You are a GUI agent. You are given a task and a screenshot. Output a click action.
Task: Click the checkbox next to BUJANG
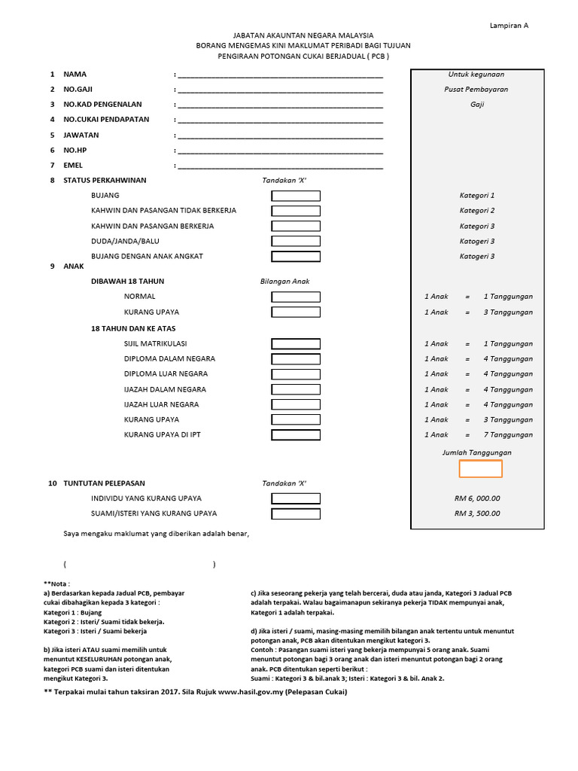coord(295,196)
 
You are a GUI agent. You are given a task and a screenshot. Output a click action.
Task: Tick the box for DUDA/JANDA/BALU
coord(295,241)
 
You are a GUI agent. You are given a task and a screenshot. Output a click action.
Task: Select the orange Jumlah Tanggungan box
coord(481,468)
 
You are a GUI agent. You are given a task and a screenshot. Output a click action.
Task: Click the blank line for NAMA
coord(280,75)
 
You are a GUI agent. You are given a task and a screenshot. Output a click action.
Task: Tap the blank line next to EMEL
coord(280,166)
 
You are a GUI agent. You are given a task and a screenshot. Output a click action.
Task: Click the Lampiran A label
coord(510,25)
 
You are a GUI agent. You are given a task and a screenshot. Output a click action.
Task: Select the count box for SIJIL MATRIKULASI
coord(295,343)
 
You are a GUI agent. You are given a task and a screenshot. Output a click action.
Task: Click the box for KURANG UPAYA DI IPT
coord(295,435)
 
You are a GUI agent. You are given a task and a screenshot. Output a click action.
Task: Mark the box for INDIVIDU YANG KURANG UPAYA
coord(295,498)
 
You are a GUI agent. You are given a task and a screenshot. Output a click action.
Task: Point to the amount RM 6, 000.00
coord(476,498)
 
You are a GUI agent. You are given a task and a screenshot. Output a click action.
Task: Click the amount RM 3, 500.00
coord(476,513)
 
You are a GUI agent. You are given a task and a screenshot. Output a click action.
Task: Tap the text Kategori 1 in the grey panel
coord(476,196)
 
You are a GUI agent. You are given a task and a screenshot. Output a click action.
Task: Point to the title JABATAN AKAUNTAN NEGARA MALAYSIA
coord(303,35)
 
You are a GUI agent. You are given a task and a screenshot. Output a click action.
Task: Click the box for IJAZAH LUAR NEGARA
coord(295,404)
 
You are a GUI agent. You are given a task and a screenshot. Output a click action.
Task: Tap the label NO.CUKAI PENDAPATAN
coord(106,120)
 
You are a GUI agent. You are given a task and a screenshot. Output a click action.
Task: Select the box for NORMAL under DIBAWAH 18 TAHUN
coord(295,297)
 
